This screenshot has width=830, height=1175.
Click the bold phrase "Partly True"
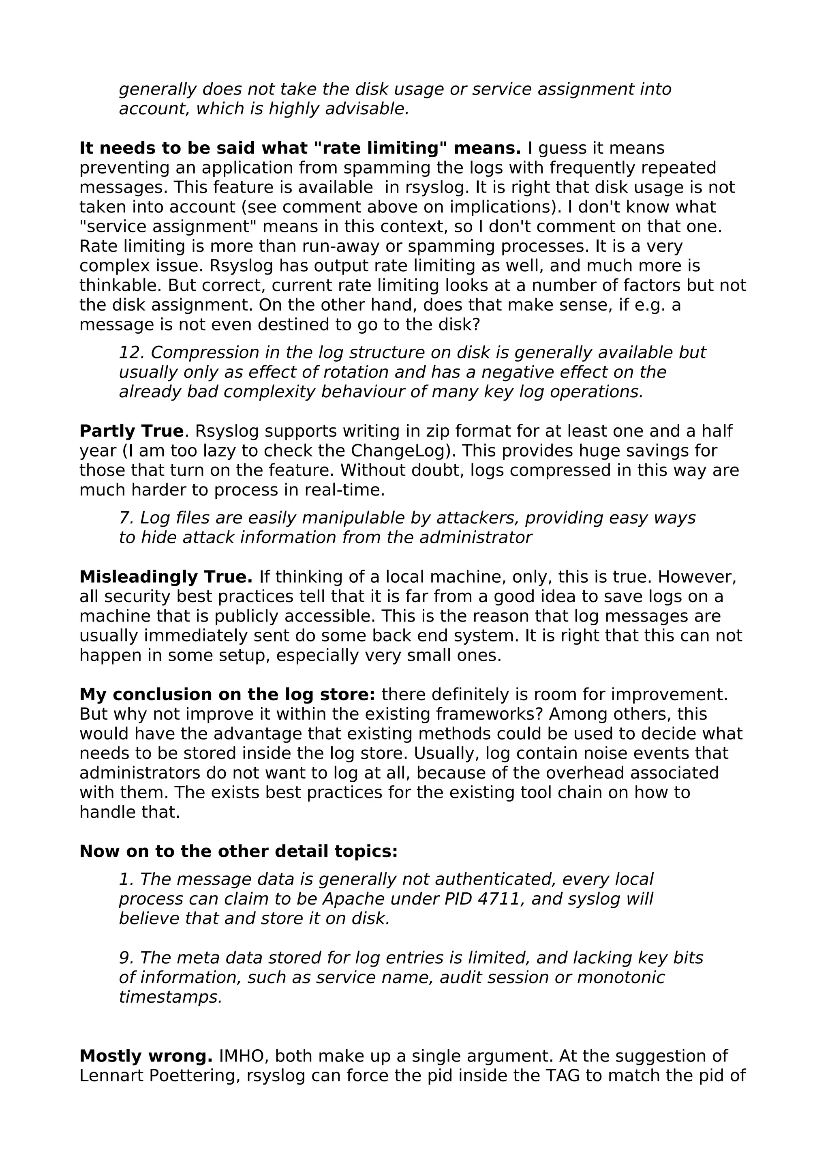pos(131,431)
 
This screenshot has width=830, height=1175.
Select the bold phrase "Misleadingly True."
pos(166,577)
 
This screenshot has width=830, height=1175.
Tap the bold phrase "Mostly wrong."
pos(146,1056)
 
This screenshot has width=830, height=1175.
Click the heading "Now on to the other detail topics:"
pos(238,851)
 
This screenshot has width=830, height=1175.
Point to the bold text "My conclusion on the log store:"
pos(227,695)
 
